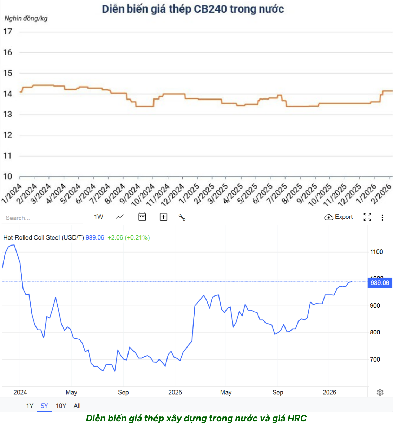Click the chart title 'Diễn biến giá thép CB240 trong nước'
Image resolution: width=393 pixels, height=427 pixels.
coord(193,9)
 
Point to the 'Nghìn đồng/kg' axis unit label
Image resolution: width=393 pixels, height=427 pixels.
coord(26,18)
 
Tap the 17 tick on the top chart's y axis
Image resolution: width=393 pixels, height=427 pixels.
coord(8,32)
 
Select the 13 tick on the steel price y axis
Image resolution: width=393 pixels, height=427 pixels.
coord(8,114)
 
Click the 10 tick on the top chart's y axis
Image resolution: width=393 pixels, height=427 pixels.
coord(8,176)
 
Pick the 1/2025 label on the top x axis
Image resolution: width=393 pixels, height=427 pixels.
coord(189,193)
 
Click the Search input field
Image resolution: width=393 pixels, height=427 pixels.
coord(42,218)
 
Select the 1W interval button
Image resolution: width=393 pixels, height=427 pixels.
coord(99,217)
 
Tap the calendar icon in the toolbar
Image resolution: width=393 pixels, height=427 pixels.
coord(142,217)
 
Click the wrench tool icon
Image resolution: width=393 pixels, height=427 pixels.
coord(182,217)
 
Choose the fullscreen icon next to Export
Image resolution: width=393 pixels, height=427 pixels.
coord(367,217)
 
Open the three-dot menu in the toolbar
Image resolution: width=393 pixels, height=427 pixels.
coord(382,217)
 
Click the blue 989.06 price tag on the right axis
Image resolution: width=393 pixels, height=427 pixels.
coord(380,283)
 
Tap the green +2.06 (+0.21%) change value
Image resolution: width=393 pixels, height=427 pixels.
coord(129,238)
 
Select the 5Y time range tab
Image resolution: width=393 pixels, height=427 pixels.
coord(44,406)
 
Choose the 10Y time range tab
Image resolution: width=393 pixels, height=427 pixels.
coord(61,406)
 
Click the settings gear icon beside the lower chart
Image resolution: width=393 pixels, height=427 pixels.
coord(380,392)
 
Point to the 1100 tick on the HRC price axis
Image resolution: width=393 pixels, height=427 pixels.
coord(376,252)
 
